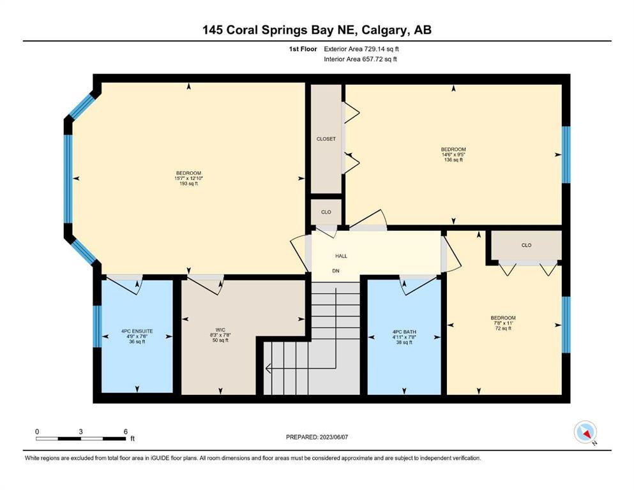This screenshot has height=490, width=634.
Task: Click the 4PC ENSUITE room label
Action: pyautogui.click(x=137, y=331)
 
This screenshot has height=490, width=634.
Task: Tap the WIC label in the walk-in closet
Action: pyautogui.click(x=220, y=330)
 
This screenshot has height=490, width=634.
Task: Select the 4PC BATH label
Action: pyautogui.click(x=404, y=332)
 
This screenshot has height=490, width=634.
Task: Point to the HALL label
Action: pyautogui.click(x=341, y=256)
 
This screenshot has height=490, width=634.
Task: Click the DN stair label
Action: pyautogui.click(x=336, y=271)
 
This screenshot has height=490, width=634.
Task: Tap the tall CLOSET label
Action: pyautogui.click(x=326, y=139)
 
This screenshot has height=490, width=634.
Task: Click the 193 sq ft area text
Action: pyautogui.click(x=189, y=183)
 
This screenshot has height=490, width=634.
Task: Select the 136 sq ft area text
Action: pyautogui.click(x=453, y=160)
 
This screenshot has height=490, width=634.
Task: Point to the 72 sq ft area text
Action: pyautogui.click(x=503, y=329)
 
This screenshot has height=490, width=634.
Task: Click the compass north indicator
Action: pyautogui.click(x=585, y=432)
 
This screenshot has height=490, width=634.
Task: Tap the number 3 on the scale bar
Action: pyautogui.click(x=81, y=431)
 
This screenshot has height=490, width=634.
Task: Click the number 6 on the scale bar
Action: pyautogui.click(x=126, y=431)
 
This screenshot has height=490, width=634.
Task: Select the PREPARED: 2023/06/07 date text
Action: pyautogui.click(x=317, y=437)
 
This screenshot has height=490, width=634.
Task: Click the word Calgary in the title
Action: pyautogui.click(x=386, y=30)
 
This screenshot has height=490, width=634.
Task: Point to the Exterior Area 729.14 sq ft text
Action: pyautogui.click(x=361, y=49)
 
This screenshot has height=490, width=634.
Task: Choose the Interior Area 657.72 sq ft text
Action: pyautogui.click(x=360, y=59)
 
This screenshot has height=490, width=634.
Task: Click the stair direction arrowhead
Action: pyautogui.click(x=268, y=368)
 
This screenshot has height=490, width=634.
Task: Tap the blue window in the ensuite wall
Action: pyautogui.click(x=97, y=327)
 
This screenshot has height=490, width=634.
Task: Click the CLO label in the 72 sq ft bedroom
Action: pyautogui.click(x=527, y=245)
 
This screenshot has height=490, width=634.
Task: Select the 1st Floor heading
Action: pyautogui.click(x=303, y=49)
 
